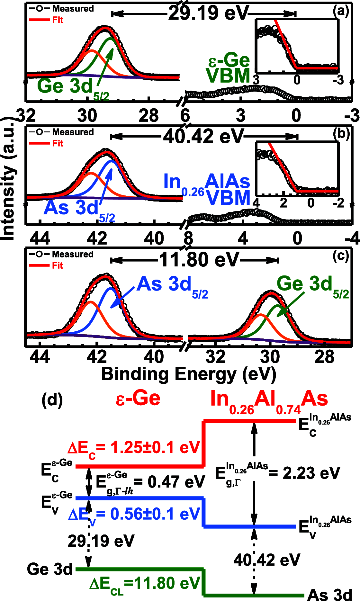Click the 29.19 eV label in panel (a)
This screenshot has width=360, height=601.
(x=208, y=13)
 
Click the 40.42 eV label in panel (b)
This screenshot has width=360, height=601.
(x=203, y=137)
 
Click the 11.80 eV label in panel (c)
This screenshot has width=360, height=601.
(x=199, y=260)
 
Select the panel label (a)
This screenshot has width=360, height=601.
(x=341, y=11)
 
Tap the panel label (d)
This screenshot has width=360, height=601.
(x=52, y=400)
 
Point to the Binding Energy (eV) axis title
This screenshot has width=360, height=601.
(x=188, y=374)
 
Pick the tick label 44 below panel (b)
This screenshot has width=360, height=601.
(x=40, y=238)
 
